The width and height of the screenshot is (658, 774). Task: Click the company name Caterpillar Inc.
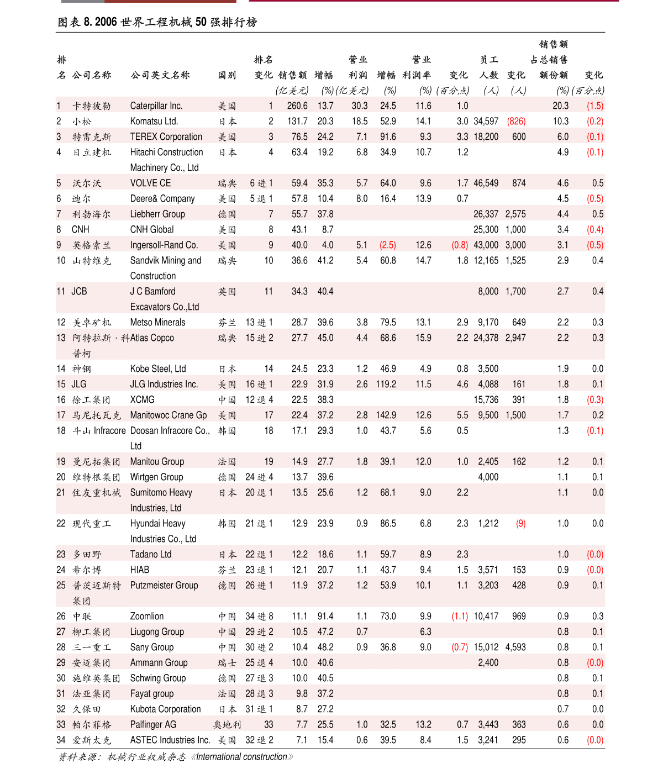pyautogui.click(x=156, y=106)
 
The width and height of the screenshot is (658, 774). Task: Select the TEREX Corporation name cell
pyautogui.click(x=166, y=136)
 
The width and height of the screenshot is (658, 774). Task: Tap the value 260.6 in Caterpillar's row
pyautogui.click(x=297, y=106)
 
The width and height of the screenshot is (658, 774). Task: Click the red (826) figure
pyautogui.click(x=516, y=121)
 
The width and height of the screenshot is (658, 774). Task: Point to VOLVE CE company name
pyautogui.click(x=150, y=183)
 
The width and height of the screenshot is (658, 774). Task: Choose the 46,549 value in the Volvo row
pyautogui.click(x=486, y=183)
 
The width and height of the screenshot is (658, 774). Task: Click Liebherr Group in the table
pyautogui.click(x=157, y=214)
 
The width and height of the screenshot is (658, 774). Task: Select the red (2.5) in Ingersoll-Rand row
pyautogui.click(x=387, y=245)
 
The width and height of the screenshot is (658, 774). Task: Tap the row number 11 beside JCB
pyautogui.click(x=61, y=291)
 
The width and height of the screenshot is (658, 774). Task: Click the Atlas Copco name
pyautogui.click(x=152, y=338)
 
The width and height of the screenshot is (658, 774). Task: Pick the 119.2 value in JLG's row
pyautogui.click(x=386, y=384)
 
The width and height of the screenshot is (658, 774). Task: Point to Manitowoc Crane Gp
pyautogui.click(x=169, y=415)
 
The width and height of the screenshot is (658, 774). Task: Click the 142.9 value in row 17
pyautogui.click(x=386, y=415)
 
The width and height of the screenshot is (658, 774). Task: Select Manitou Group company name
pyautogui.click(x=157, y=461)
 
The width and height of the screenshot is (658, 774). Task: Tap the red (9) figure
pyautogui.click(x=520, y=523)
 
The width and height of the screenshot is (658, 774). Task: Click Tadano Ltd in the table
pyautogui.click(x=151, y=554)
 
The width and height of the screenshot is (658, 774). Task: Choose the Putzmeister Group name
pyautogui.click(x=164, y=585)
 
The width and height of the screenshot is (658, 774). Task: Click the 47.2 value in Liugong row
pyautogui.click(x=325, y=631)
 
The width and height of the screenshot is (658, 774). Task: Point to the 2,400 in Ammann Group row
pyautogui.click(x=488, y=662)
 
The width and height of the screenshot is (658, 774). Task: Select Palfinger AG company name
pyautogui.click(x=153, y=724)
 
